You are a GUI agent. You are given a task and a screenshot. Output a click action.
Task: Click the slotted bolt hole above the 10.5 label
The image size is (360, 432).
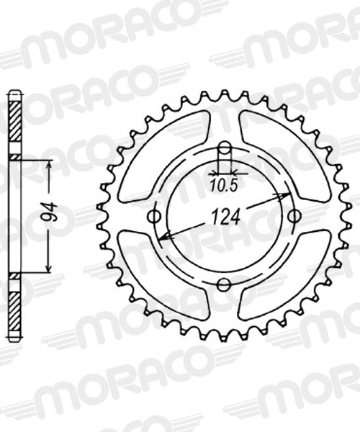coord(225,153)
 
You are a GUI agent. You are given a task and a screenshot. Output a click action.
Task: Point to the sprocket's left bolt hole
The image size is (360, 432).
coord(153,217)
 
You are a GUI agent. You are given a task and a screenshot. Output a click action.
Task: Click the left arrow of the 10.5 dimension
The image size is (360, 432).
coord(214,174)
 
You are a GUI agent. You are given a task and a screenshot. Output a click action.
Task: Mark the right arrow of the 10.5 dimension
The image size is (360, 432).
coord(235,174)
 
